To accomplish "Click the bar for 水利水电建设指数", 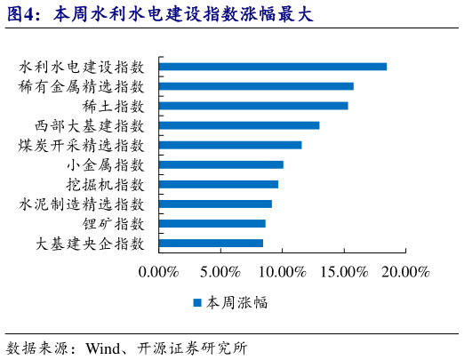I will click(273, 67).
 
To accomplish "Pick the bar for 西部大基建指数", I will click(239, 125).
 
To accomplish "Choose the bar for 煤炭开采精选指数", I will click(230, 145).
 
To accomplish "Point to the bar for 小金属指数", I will click(221, 164).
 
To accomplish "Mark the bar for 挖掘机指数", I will click(219, 184).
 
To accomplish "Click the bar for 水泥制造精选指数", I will click(215, 204).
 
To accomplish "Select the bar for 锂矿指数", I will click(212, 223).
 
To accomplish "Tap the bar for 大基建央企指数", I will click(211, 243).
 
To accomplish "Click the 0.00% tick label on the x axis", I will click(159, 271).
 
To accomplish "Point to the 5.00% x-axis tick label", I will click(220, 271).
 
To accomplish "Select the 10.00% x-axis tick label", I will click(282, 271).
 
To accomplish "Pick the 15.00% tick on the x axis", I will click(344, 271).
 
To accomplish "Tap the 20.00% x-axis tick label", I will click(405, 271).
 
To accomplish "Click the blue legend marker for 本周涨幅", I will click(197, 302).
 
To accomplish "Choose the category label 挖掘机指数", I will click(105, 184).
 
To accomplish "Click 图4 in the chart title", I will click(21, 14).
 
